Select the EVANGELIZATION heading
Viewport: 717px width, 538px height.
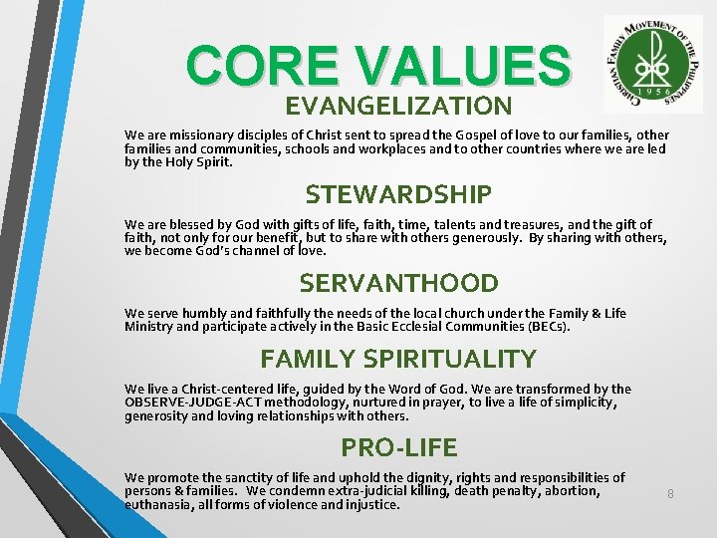click(x=398, y=106)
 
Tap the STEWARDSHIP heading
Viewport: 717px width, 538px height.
click(x=398, y=193)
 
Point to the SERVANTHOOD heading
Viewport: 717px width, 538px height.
click(x=398, y=283)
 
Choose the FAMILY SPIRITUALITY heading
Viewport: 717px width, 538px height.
click(x=398, y=359)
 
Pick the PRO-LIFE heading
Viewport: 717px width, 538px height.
click(x=398, y=446)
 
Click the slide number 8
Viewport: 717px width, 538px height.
click(x=670, y=493)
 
